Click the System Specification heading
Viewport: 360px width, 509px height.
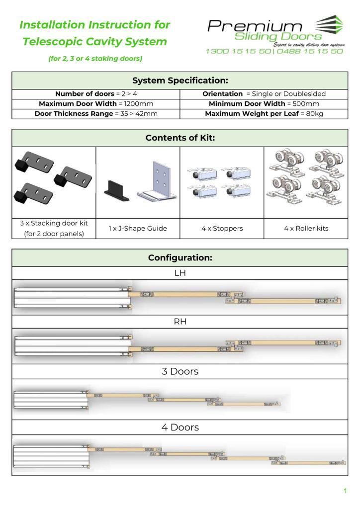point(180,81)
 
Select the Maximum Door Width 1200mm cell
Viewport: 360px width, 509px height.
point(96,104)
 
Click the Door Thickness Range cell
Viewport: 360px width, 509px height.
point(96,114)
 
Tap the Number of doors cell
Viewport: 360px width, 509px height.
point(96,94)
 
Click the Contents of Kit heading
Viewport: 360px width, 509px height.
point(180,138)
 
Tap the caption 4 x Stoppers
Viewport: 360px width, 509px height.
point(222,229)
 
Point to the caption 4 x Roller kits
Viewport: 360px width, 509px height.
point(306,229)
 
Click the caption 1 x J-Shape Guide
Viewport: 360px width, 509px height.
point(138,229)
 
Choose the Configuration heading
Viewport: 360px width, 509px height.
point(180,257)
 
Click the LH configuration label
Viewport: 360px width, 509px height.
point(180,273)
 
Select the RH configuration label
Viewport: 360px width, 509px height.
point(180,321)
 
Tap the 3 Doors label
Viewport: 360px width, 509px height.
point(180,371)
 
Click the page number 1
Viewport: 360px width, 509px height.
point(345,491)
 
